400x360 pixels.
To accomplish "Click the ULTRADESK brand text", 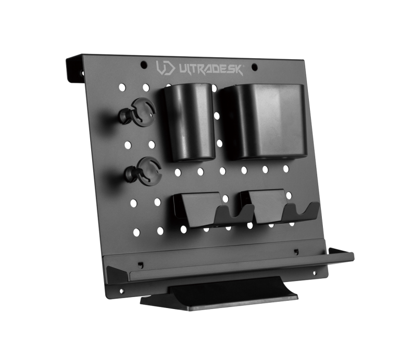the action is tap(211, 70).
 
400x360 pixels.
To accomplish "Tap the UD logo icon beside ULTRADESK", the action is tap(166, 68).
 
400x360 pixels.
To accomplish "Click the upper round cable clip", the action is tap(138, 112).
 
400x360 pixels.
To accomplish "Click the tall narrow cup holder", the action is tap(189, 122).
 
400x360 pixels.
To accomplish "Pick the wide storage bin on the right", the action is tap(264, 122).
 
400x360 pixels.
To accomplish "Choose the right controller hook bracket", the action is tap(279, 207).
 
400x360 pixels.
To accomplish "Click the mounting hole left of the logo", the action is tap(144, 65).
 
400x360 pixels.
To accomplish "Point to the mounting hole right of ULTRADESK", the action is tap(254, 67).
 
